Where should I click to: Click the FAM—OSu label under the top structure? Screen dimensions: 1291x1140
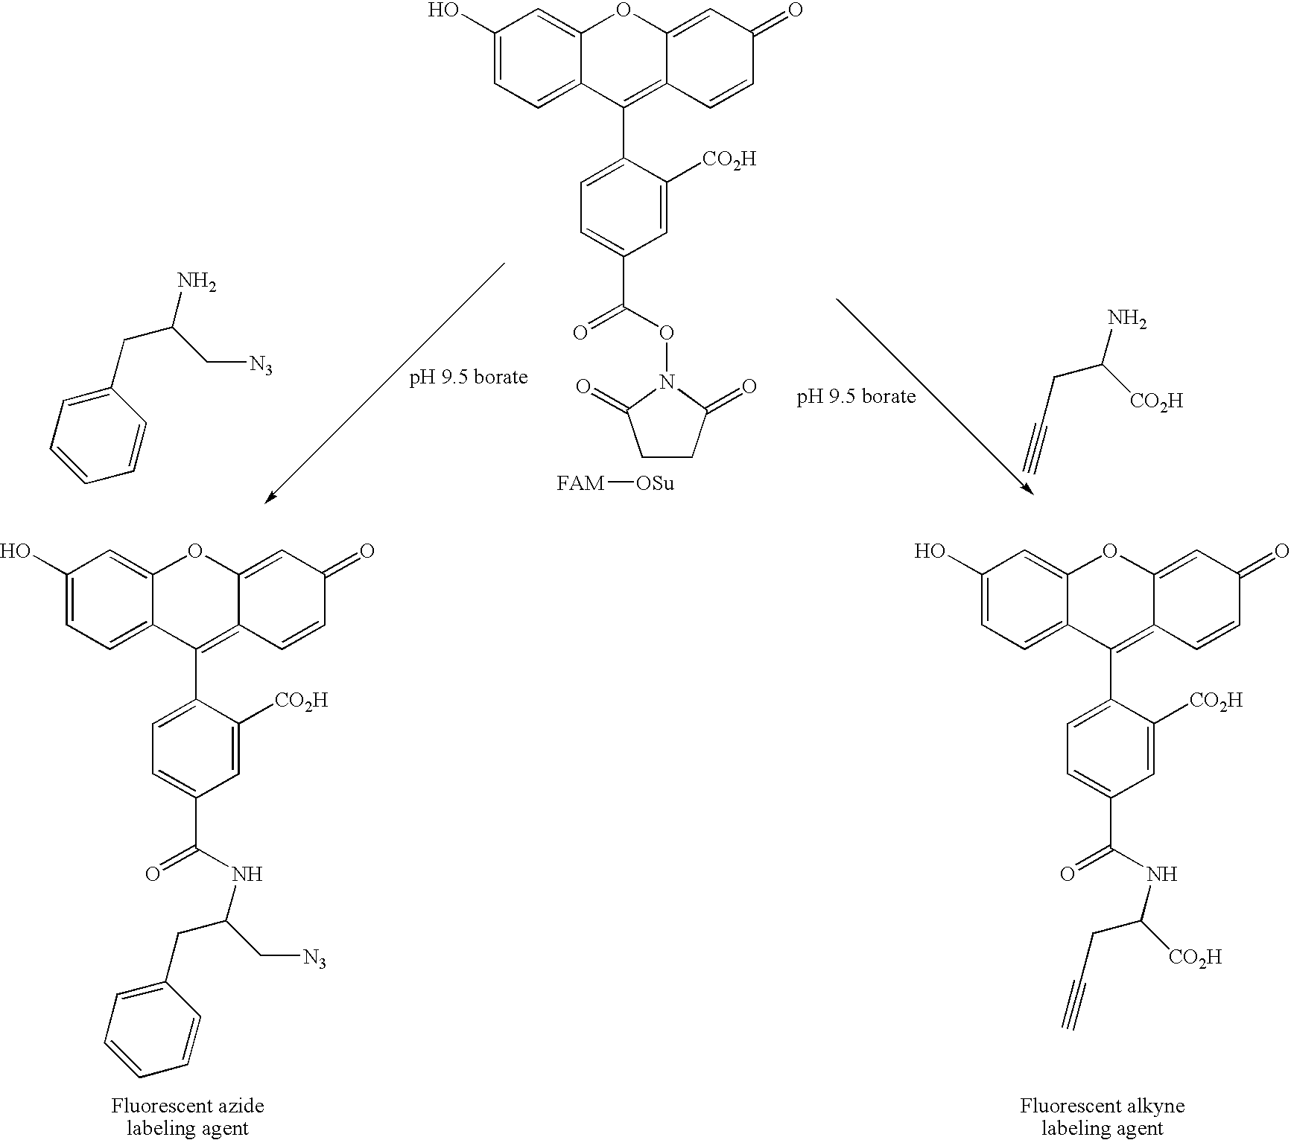tap(615, 483)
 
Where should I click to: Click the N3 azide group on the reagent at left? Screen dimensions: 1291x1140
tap(261, 364)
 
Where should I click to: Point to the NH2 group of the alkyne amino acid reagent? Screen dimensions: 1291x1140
tap(1127, 319)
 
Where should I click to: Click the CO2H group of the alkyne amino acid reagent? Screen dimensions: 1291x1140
tap(1156, 401)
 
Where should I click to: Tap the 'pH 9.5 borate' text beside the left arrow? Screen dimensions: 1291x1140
tap(469, 378)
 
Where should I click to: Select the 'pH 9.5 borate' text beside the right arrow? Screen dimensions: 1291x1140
tap(856, 396)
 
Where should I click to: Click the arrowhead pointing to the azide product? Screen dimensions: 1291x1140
tap(271, 497)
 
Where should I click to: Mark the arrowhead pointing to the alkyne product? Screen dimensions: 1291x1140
tap(1027, 488)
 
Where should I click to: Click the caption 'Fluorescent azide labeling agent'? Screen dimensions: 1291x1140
tap(187, 1116)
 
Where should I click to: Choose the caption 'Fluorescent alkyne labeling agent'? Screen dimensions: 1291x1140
tap(1103, 1116)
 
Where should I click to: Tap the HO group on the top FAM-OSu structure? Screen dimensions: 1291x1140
tap(444, 10)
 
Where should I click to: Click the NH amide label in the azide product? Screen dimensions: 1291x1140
tap(247, 873)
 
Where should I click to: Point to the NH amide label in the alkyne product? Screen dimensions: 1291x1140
tap(1162, 873)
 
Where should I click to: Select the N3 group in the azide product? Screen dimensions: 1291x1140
tap(314, 959)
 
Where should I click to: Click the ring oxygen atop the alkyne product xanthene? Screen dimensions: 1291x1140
tap(1110, 551)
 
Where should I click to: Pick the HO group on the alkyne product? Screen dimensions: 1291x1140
tap(930, 552)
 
